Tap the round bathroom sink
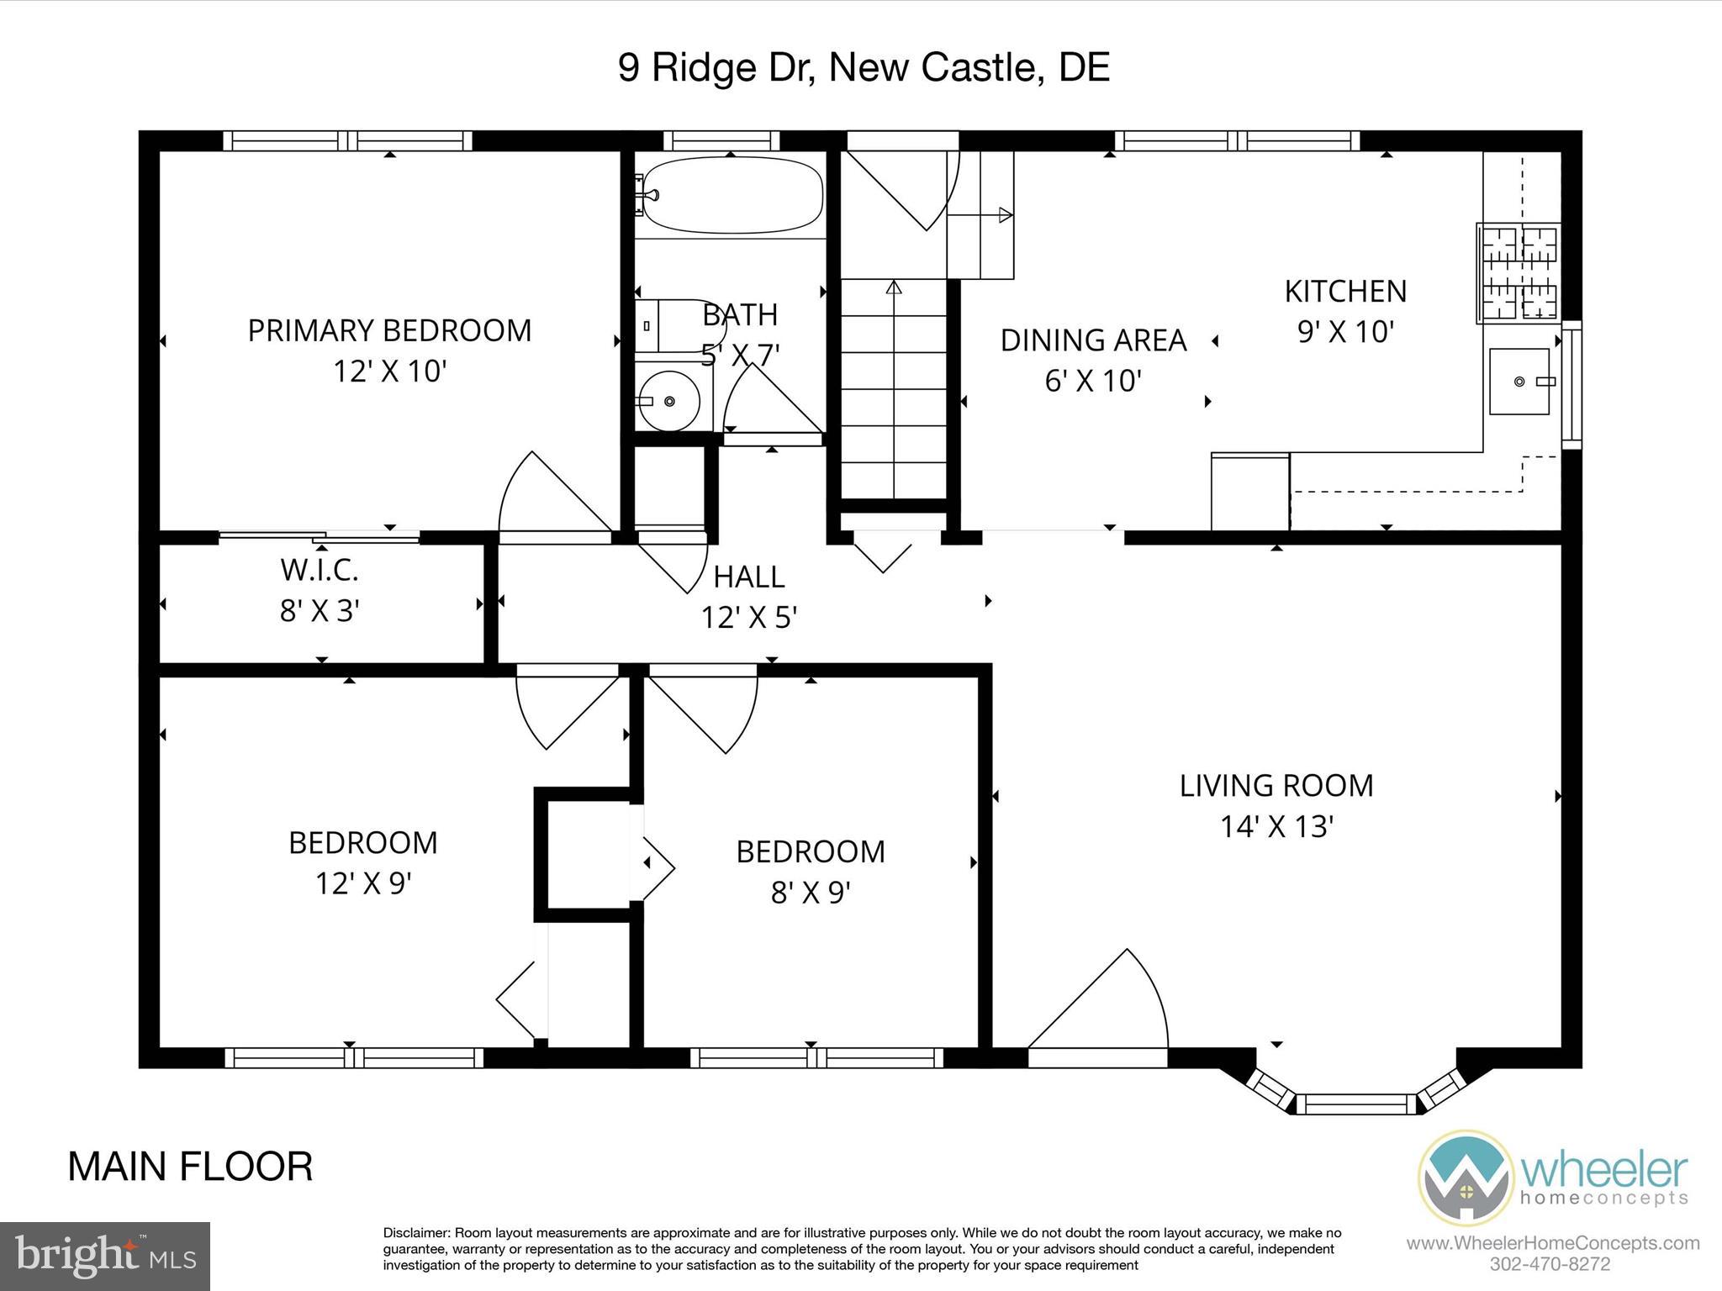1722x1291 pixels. [668, 401]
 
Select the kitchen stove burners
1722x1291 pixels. [1519, 273]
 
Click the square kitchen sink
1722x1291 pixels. [1519, 382]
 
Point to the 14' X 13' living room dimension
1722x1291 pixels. [1276, 827]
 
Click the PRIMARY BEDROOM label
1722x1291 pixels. [389, 330]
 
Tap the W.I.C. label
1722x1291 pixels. [320, 570]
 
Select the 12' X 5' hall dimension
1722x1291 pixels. [748, 619]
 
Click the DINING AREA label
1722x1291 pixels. [1093, 340]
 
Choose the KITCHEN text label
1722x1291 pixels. [1345, 291]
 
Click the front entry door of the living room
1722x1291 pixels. [1097, 1009]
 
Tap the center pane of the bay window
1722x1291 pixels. [1356, 1104]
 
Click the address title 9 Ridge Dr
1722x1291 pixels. [864, 67]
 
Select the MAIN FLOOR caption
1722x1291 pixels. [190, 1167]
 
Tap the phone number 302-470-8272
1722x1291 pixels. [1550, 1264]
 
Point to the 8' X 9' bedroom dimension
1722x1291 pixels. [810, 893]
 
